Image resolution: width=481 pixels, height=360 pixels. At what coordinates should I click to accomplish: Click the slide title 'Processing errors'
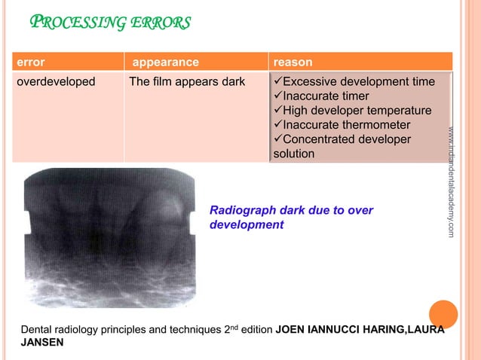click(109, 22)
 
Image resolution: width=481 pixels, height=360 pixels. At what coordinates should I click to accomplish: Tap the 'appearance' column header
click(165, 63)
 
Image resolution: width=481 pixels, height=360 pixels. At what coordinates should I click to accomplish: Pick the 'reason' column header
click(293, 63)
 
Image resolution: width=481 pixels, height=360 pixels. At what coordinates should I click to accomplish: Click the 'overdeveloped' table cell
click(56, 81)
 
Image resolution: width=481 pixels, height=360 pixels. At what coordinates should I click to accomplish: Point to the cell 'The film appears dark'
click(187, 81)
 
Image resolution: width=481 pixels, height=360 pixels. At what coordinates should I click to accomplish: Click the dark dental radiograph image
click(109, 237)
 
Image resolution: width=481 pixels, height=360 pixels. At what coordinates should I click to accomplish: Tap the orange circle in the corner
click(443, 313)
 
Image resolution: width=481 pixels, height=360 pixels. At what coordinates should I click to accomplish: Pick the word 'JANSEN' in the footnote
click(42, 342)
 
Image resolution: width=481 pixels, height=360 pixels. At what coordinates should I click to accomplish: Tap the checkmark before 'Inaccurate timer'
click(277, 96)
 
